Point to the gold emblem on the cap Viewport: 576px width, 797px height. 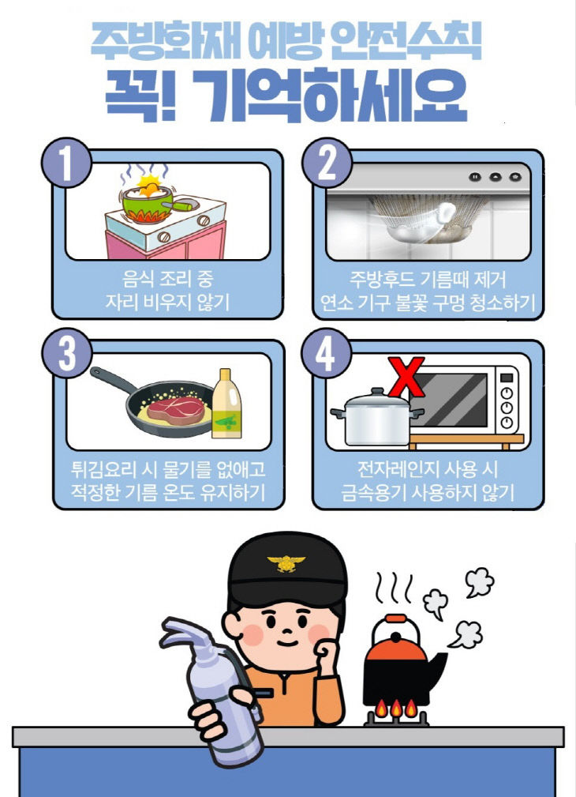click(x=286, y=563)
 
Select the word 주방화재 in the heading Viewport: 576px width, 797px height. click(x=155, y=40)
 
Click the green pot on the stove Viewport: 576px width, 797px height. click(x=150, y=205)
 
